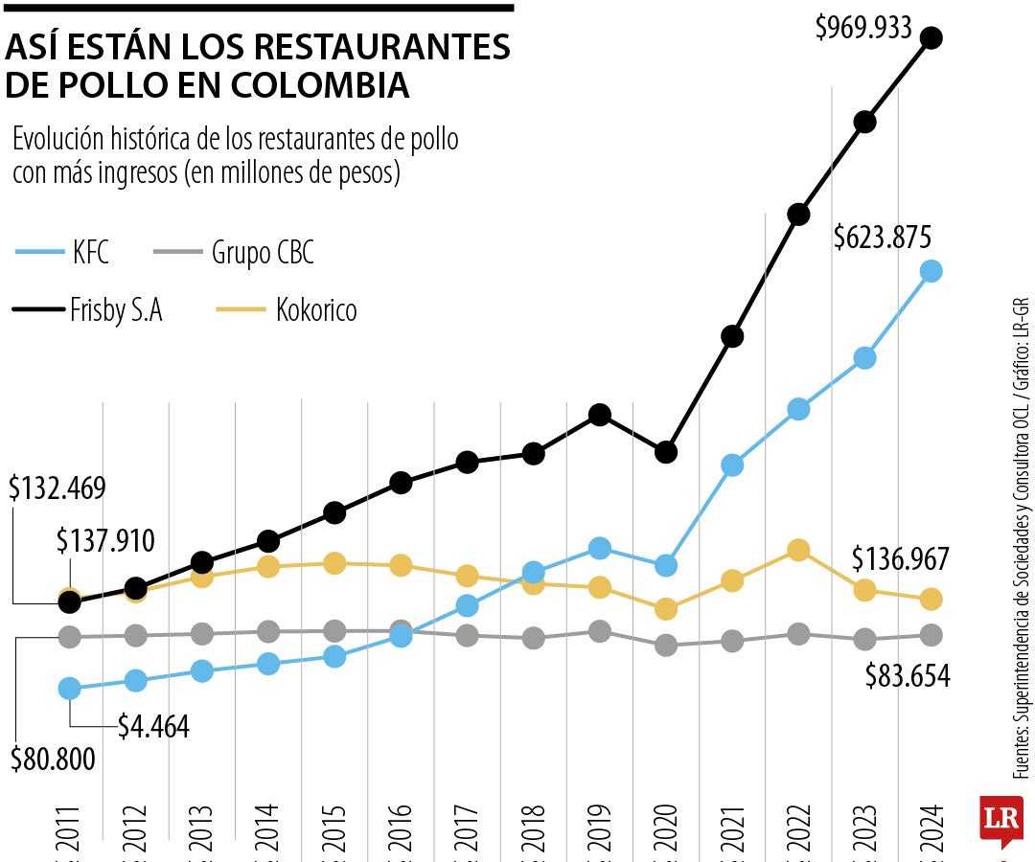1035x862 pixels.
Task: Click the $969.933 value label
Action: tap(862, 28)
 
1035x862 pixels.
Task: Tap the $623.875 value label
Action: tap(883, 238)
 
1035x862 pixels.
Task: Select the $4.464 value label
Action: tap(153, 726)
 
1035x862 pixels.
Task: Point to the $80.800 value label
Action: tap(53, 760)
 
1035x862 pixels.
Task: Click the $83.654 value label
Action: tap(907, 676)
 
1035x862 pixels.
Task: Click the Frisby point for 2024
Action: tap(931, 38)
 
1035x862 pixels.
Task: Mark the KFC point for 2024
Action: tap(931, 271)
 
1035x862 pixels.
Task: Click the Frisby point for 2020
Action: tap(666, 451)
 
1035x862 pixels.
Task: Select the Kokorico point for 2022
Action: tap(797, 550)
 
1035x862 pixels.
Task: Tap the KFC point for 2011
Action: tap(69, 688)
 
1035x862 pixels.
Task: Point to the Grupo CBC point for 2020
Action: tap(666, 646)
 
